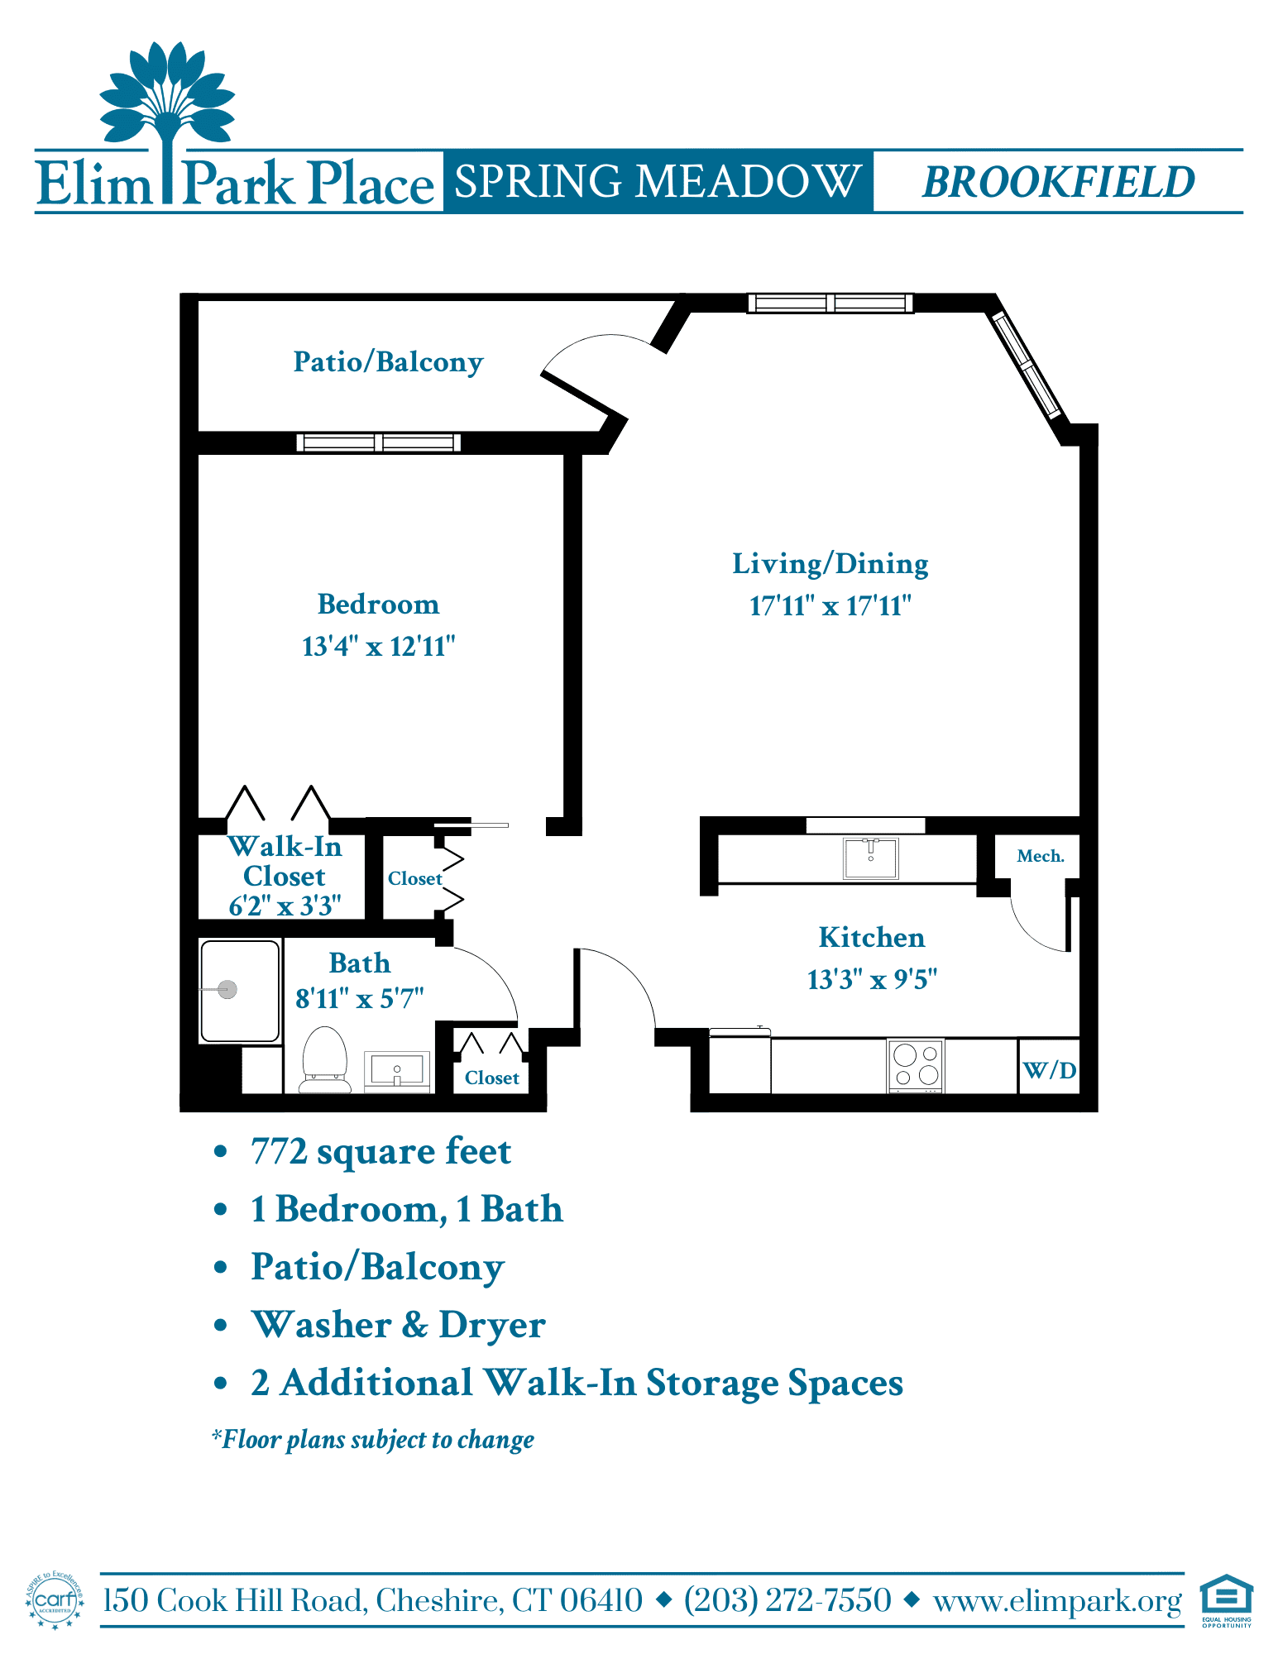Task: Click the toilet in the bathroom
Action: (324, 1059)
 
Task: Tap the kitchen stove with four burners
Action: (916, 1065)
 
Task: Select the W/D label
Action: (1050, 1070)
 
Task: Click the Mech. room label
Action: (1041, 856)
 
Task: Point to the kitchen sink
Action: (870, 858)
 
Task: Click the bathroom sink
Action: (397, 1071)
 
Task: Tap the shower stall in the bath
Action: (240, 991)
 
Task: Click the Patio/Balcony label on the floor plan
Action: (388, 362)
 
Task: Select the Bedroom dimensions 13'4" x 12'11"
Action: (379, 646)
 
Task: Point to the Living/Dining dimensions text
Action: (830, 605)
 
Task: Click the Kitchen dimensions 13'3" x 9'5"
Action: (872, 979)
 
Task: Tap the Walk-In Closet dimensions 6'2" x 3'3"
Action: (285, 906)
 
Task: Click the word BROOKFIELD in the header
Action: (1059, 182)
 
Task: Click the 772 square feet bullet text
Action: (381, 1151)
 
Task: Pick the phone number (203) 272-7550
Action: (787, 1600)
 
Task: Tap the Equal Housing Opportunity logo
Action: (1227, 1600)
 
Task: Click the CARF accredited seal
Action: (55, 1600)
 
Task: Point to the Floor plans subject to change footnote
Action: (373, 1440)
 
